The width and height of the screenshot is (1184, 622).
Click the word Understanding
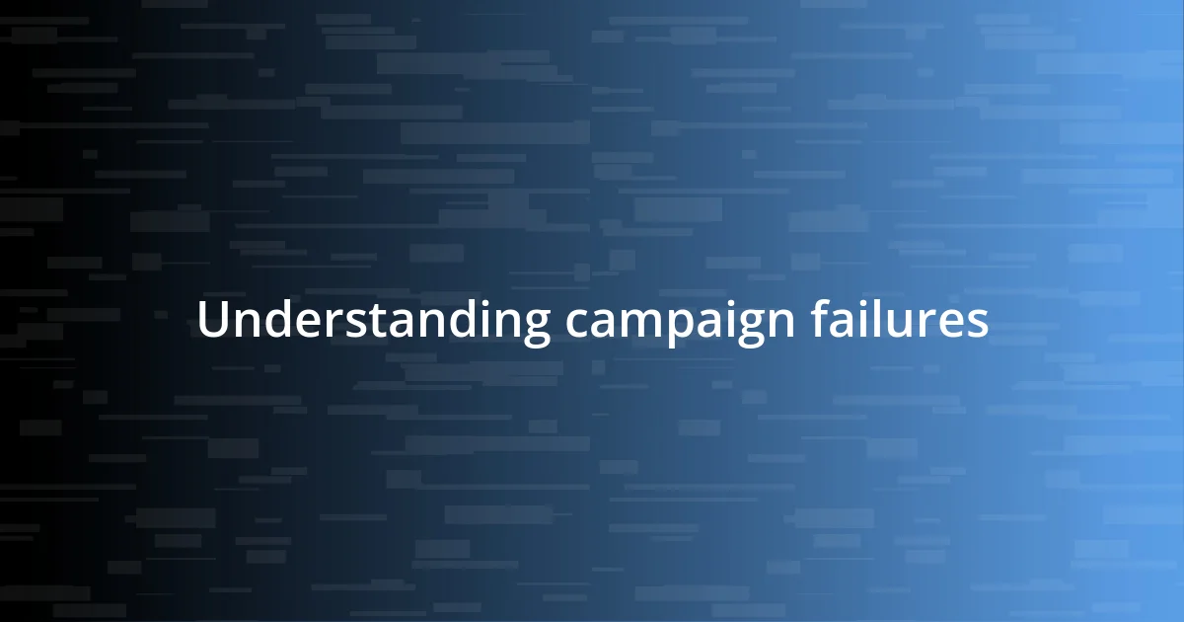pos(374,322)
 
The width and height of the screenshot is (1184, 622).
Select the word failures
pos(900,320)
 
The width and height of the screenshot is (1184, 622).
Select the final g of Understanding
pos(534,328)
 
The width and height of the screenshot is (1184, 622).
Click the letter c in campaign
pos(576,324)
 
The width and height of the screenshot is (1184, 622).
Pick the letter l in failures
pos(876,319)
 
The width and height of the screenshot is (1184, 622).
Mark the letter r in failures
pos(925,324)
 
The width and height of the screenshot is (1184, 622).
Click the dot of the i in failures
pos(861,303)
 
